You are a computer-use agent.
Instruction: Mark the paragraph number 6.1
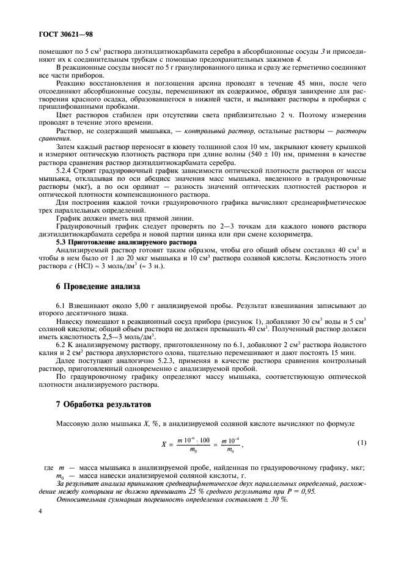click(x=61, y=304)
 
